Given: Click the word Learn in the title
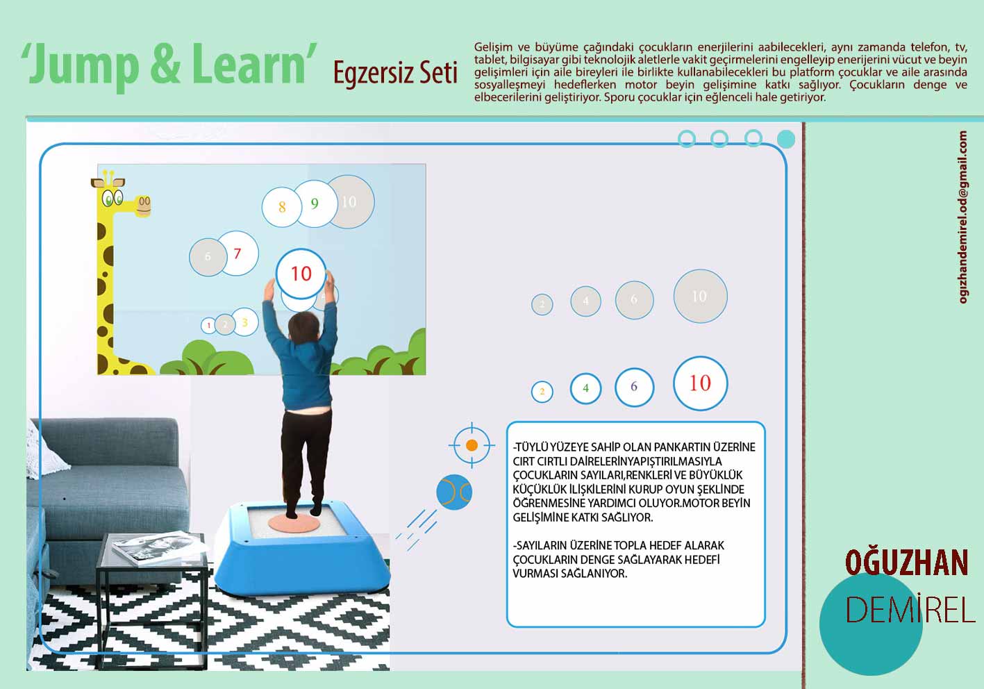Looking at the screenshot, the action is click(x=249, y=64).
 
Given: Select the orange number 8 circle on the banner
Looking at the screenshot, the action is click(x=281, y=207).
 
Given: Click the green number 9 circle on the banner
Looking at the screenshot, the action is click(x=315, y=204).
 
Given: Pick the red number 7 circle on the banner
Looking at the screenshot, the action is click(x=237, y=253).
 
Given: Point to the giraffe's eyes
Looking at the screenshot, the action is click(x=112, y=198).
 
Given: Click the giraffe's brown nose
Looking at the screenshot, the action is click(x=144, y=206).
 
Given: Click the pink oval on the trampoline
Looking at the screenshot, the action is click(x=294, y=523).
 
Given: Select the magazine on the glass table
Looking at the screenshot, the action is click(x=158, y=547).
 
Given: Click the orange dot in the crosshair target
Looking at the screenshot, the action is click(x=472, y=445).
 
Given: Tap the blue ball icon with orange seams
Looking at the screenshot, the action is click(x=453, y=492).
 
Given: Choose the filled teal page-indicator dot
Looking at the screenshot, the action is click(x=786, y=139).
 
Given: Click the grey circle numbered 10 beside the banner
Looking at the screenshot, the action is click(x=700, y=296).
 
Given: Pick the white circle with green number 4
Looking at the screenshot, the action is click(x=585, y=388).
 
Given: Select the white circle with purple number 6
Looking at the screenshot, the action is click(x=634, y=387).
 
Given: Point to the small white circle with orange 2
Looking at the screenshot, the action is click(x=542, y=392).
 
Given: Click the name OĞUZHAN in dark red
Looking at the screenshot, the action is click(x=907, y=563).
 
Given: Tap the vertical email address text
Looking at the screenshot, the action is click(x=963, y=217).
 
